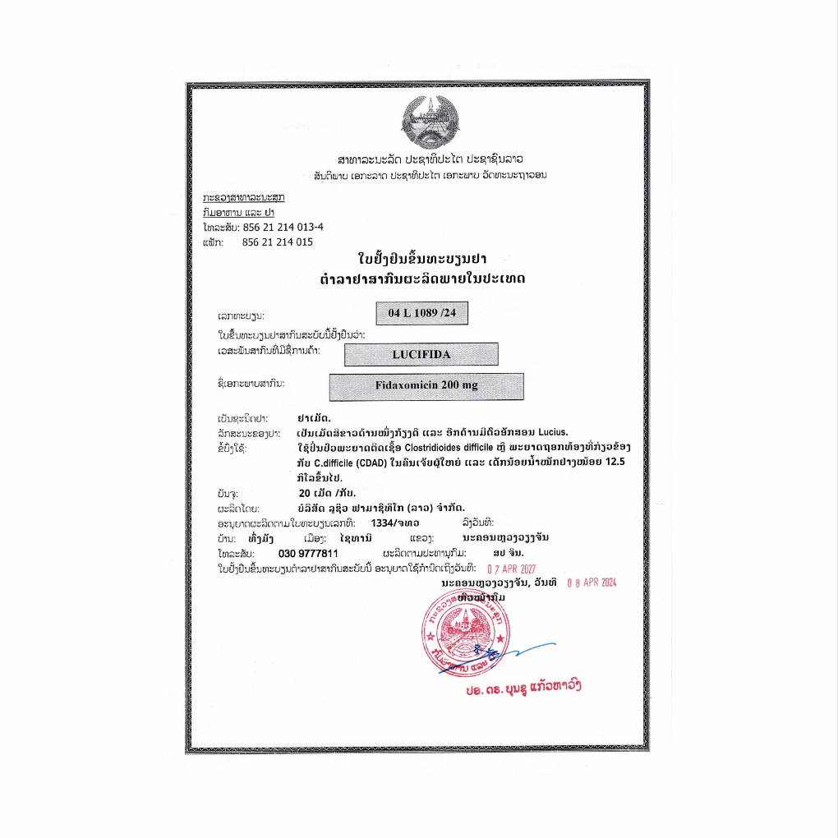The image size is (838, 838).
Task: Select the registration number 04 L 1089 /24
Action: pyautogui.click(x=421, y=314)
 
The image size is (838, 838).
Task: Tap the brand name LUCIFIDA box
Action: pyautogui.click(x=421, y=354)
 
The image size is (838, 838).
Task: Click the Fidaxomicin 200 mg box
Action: pyautogui.click(x=426, y=385)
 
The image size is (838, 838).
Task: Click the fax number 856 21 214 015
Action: pyautogui.click(x=278, y=242)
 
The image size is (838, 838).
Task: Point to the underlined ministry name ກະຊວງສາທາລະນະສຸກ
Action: pyautogui.click(x=244, y=198)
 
